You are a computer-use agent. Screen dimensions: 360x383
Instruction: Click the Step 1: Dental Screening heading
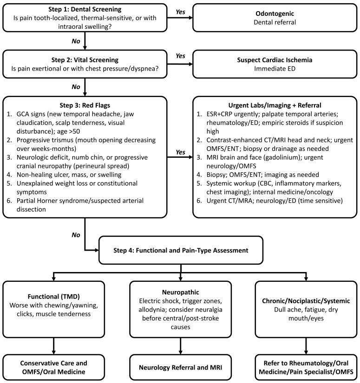pyautogui.click(x=85, y=9)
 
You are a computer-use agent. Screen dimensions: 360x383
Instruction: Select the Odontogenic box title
pyautogui.click(x=275, y=13)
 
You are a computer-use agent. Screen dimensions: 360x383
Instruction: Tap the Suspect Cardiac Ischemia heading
pyautogui.click(x=275, y=60)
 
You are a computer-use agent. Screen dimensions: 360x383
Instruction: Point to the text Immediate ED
pyautogui.click(x=275, y=69)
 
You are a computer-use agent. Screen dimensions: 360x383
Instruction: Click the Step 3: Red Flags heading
pyautogui.click(x=85, y=105)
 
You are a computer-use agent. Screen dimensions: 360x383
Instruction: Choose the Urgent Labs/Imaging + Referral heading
pyautogui.click(x=275, y=105)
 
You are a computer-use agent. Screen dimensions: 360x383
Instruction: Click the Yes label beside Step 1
pyautogui.click(x=180, y=12)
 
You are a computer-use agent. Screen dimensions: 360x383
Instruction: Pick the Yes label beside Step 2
pyautogui.click(x=180, y=56)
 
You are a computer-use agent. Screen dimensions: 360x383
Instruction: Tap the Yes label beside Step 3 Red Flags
pyautogui.click(x=180, y=152)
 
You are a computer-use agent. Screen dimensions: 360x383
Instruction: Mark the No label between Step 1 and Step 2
pyautogui.click(x=76, y=41)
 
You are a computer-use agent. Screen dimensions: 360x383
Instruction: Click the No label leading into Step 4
pyautogui.click(x=76, y=235)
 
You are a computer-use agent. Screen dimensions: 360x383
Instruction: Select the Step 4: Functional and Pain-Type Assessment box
pyautogui.click(x=181, y=250)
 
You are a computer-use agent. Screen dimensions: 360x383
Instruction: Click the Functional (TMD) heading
pyautogui.click(x=53, y=297)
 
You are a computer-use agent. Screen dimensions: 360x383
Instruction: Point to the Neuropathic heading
pyautogui.click(x=180, y=292)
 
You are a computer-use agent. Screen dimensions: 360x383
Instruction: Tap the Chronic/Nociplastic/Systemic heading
pyautogui.click(x=306, y=301)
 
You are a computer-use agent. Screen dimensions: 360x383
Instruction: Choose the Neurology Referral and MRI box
pyautogui.click(x=180, y=367)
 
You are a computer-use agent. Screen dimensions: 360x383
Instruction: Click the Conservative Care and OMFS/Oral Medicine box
pyautogui.click(x=53, y=367)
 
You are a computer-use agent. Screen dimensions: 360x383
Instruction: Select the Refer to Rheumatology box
pyautogui.click(x=306, y=367)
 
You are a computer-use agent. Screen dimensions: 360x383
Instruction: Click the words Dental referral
pyautogui.click(x=275, y=22)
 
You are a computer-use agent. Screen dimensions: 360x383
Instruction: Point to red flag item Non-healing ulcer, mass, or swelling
pyautogui.click(x=69, y=175)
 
